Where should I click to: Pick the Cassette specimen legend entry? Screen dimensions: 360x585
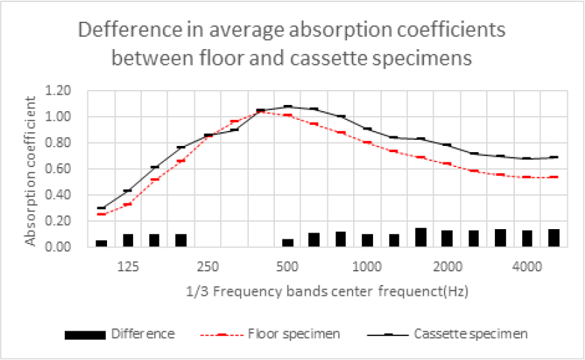pyautogui.click(x=471, y=334)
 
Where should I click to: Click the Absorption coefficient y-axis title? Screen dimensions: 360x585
pyautogui.click(x=31, y=170)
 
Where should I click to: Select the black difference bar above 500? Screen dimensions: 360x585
pyautogui.click(x=288, y=243)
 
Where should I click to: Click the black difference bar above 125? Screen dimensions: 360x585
pyautogui.click(x=128, y=240)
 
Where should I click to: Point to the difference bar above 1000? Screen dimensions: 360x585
pyautogui.click(x=367, y=240)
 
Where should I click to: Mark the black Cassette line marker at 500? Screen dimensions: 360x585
pyautogui.click(x=288, y=106)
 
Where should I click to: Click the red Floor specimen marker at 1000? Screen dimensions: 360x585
pyautogui.click(x=367, y=142)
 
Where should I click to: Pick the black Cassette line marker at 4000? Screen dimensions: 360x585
pyautogui.click(x=527, y=158)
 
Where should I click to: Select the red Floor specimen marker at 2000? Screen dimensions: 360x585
pyautogui.click(x=447, y=164)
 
